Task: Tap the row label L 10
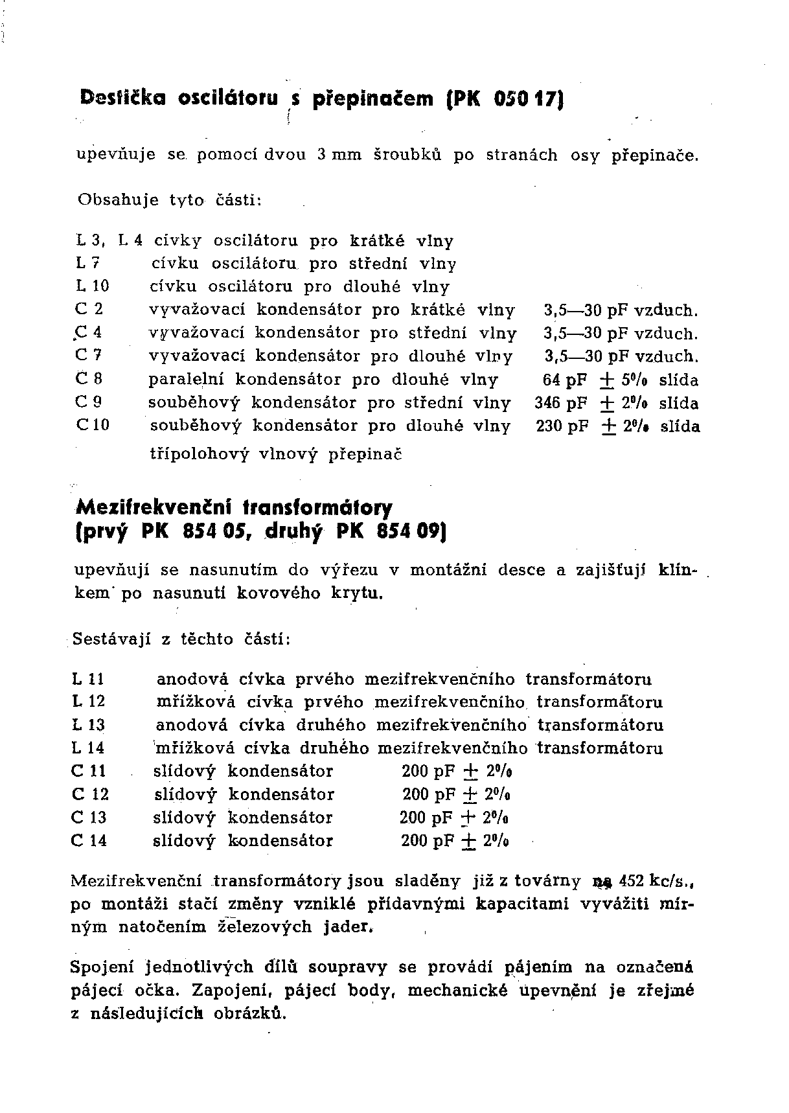click(x=92, y=286)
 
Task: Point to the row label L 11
click(x=88, y=679)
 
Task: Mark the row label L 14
click(x=88, y=748)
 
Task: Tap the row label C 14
click(x=89, y=841)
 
